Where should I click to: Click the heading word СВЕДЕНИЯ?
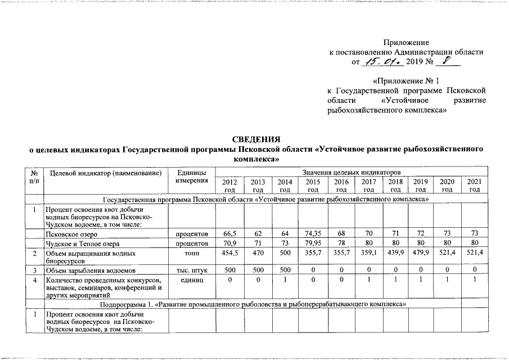coord(256,138)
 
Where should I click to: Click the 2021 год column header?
coord(474,186)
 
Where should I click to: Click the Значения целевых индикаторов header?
coord(350,171)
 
